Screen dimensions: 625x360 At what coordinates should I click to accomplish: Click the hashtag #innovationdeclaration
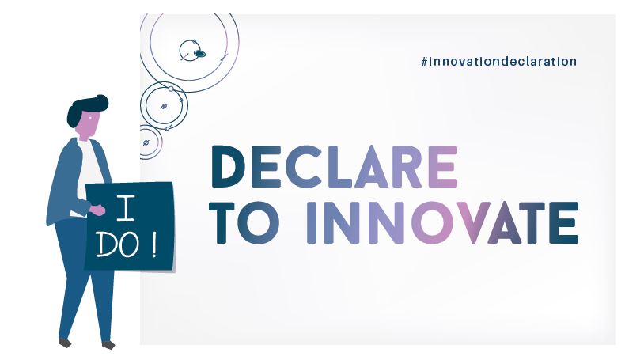pyautogui.click(x=498, y=62)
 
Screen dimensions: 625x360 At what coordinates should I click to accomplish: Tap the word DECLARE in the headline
pyautogui.click(x=334, y=167)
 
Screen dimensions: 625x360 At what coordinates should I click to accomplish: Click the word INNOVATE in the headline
pyautogui.click(x=443, y=223)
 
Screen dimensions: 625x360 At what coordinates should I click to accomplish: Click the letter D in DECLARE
pyautogui.click(x=231, y=167)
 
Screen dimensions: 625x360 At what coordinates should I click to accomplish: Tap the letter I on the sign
pyautogui.click(x=126, y=208)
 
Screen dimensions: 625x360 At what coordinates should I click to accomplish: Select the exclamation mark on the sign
pyautogui.click(x=153, y=245)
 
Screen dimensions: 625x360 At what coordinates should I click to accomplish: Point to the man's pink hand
pyautogui.click(x=97, y=210)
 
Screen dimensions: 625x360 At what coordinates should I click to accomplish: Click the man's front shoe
pyautogui.click(x=108, y=345)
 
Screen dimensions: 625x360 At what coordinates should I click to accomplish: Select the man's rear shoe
pyautogui.click(x=65, y=343)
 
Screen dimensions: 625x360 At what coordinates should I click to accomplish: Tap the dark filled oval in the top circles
pyautogui.click(x=199, y=53)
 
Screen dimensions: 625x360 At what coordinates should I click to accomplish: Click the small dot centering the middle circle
pyautogui.click(x=164, y=106)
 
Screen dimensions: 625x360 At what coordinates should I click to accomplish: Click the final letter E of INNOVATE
pyautogui.click(x=563, y=223)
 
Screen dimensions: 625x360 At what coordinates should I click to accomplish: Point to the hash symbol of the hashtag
pyautogui.click(x=425, y=62)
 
